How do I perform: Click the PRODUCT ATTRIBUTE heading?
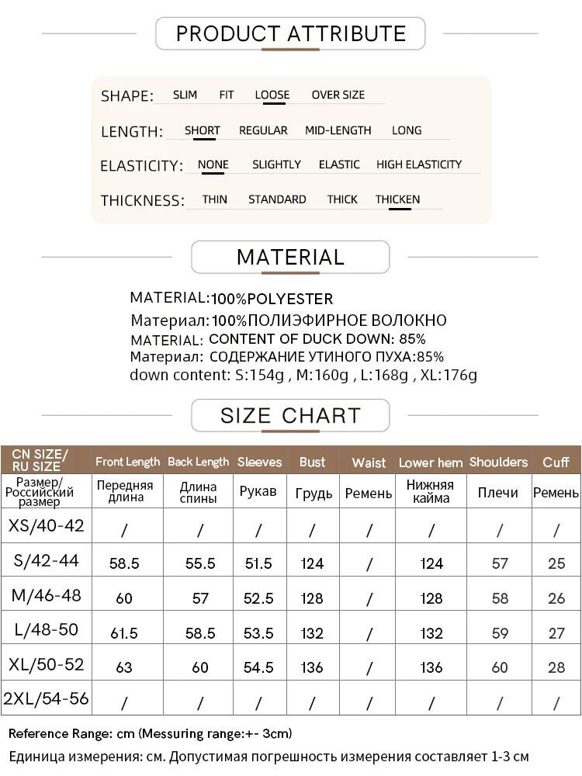point(291,34)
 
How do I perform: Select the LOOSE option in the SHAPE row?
point(272,95)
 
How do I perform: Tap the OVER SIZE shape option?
point(338,95)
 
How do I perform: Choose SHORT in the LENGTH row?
point(203,130)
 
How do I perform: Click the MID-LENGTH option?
point(338,130)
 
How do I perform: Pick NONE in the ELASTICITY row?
point(213,165)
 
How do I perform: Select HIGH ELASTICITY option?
point(419,165)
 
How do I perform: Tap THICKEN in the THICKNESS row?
point(397,199)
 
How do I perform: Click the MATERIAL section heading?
point(290,258)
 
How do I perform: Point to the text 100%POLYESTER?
point(272,299)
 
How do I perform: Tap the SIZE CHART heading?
point(290,415)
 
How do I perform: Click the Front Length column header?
point(127,462)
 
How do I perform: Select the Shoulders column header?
point(498,462)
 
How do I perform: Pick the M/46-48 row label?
point(46,596)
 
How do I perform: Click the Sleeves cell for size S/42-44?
point(258,563)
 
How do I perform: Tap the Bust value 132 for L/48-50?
point(312,633)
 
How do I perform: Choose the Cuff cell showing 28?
point(556,668)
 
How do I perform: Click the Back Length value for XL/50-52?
point(200,668)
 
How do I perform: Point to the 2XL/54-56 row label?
point(46,699)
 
